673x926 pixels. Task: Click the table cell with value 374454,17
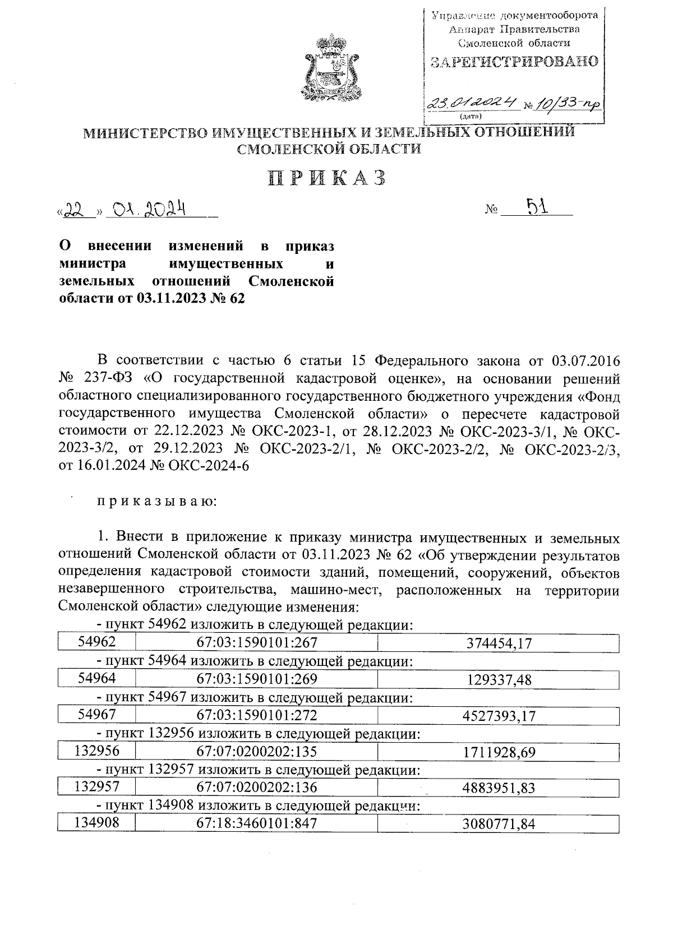click(499, 644)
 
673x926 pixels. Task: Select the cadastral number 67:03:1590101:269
click(257, 679)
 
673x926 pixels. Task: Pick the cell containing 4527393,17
click(499, 716)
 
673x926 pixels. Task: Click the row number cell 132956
click(97, 751)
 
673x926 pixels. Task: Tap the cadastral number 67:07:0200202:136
click(257, 787)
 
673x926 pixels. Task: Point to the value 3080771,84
click(499, 823)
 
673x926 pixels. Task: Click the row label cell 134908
click(97, 823)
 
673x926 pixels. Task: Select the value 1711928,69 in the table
click(499, 752)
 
